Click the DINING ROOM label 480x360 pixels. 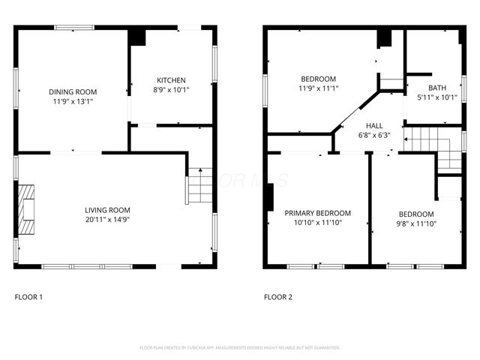73,91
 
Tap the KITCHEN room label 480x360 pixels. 171,80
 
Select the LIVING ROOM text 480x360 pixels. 107,210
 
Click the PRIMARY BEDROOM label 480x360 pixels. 318,213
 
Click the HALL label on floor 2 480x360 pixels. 374,125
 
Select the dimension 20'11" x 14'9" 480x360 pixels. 107,220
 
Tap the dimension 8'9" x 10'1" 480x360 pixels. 171,90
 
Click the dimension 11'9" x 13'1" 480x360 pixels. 73,101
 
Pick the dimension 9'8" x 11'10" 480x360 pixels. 415,223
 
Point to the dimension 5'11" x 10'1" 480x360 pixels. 436,97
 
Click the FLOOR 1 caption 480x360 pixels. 28,297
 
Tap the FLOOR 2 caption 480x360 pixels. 277,297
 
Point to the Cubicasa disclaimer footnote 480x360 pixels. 240,347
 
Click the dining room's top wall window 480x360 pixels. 73,28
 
